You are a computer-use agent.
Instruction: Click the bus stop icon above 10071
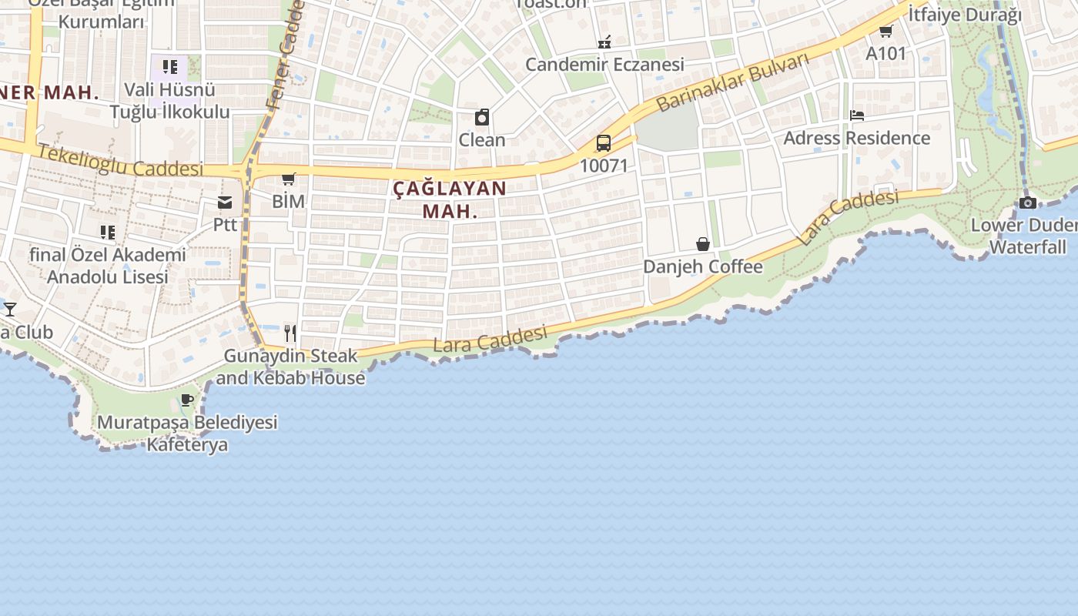click(x=604, y=143)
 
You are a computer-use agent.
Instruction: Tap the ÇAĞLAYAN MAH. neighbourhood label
click(x=450, y=199)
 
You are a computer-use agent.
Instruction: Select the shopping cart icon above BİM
click(x=289, y=179)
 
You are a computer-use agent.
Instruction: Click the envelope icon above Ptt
click(x=225, y=203)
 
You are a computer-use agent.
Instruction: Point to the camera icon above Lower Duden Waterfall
click(x=1027, y=203)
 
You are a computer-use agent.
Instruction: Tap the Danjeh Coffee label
click(x=702, y=266)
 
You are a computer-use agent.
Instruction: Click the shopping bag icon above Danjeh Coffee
click(x=703, y=244)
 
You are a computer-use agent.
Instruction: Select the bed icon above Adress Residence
click(x=857, y=115)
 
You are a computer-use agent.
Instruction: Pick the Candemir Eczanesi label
click(x=604, y=65)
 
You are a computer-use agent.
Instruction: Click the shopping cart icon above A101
click(x=885, y=31)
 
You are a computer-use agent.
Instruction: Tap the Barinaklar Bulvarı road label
click(x=733, y=82)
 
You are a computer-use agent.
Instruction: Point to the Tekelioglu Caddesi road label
click(x=120, y=160)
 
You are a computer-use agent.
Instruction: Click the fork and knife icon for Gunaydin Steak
click(x=290, y=333)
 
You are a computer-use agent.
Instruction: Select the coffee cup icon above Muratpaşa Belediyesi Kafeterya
click(x=186, y=400)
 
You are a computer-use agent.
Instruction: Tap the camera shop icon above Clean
click(x=482, y=117)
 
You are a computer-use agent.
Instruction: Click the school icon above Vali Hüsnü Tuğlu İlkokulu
click(x=170, y=66)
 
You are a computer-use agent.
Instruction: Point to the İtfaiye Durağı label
click(x=964, y=15)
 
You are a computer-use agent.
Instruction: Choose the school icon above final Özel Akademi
click(x=108, y=232)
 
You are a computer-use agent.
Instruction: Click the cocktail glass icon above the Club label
click(x=10, y=310)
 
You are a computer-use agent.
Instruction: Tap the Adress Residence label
click(x=856, y=139)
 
